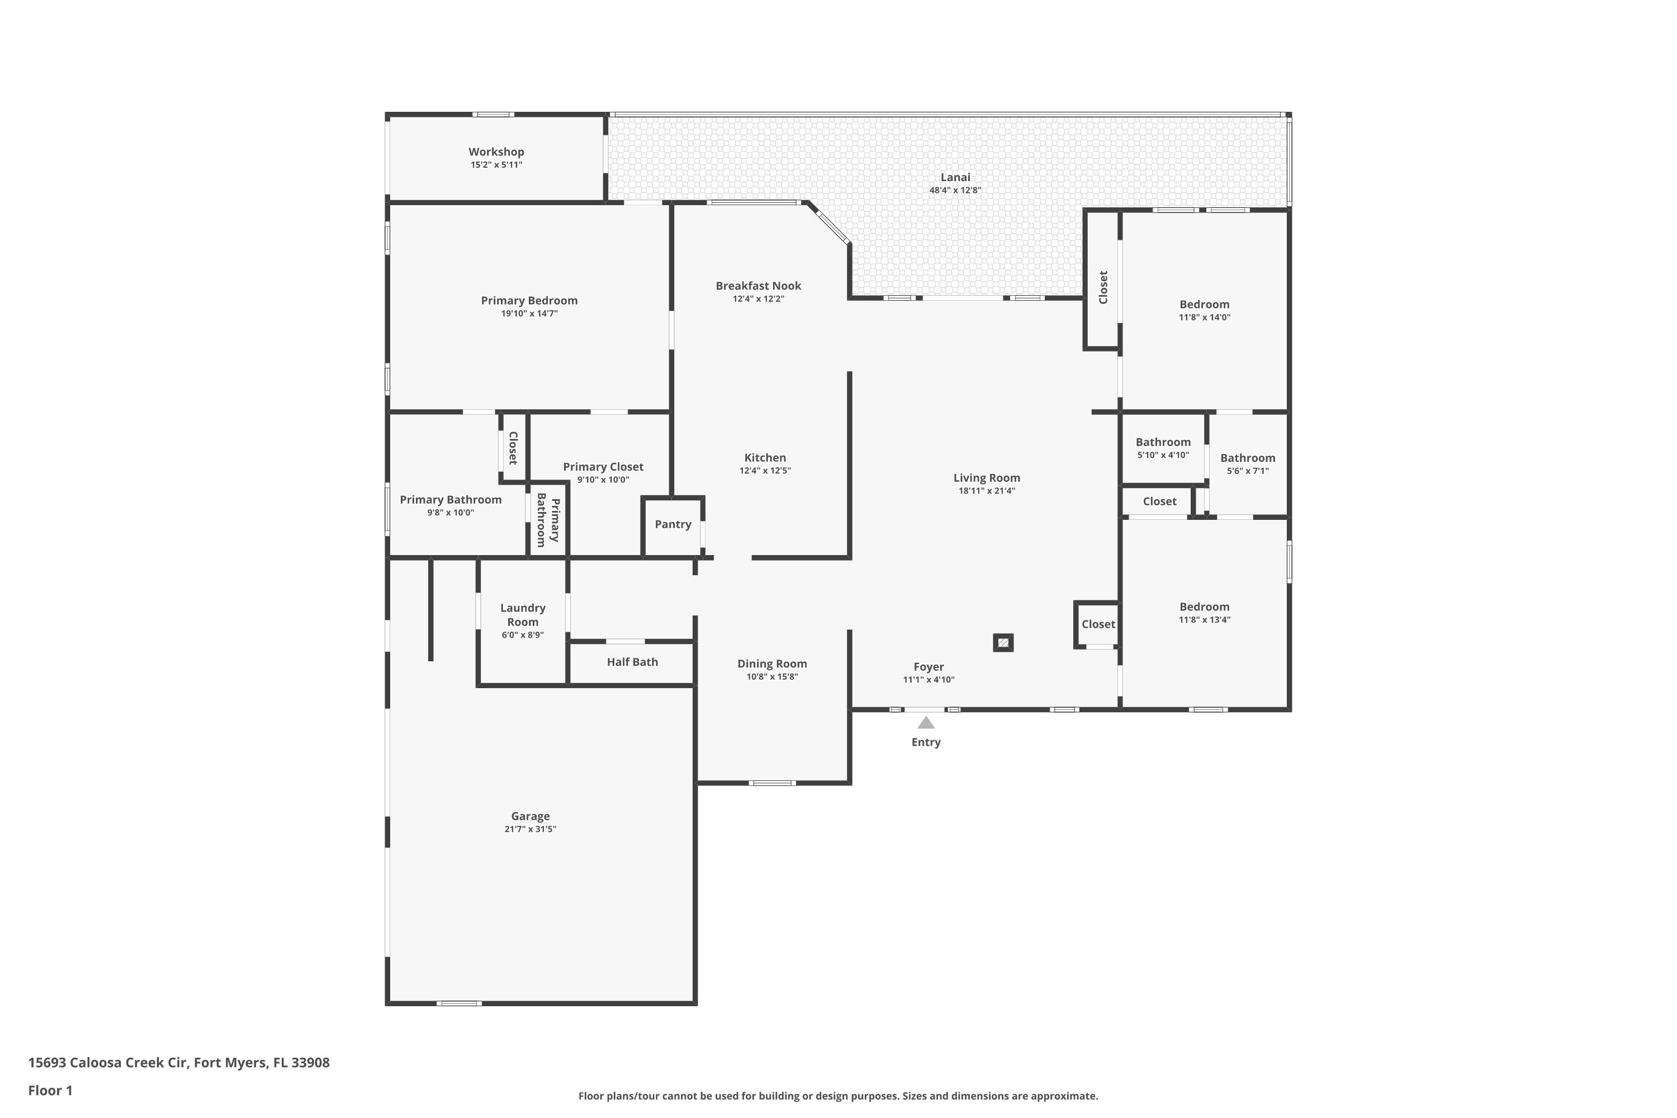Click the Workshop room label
[x=496, y=152]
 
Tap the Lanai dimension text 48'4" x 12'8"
[x=955, y=191]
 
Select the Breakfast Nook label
[x=758, y=286]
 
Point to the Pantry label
[x=673, y=524]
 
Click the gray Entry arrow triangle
[x=926, y=722]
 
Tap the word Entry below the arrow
[x=926, y=742]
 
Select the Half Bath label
[x=632, y=662]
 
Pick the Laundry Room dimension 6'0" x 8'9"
[x=523, y=635]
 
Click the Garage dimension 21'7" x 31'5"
[x=530, y=829]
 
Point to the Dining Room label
[x=771, y=664]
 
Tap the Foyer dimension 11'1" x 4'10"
[x=928, y=680]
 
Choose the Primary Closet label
[x=603, y=467]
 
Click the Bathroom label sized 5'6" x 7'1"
[x=1248, y=458]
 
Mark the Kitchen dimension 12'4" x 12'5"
[x=765, y=471]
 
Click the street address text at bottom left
[x=179, y=1063]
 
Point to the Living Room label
[x=986, y=479]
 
